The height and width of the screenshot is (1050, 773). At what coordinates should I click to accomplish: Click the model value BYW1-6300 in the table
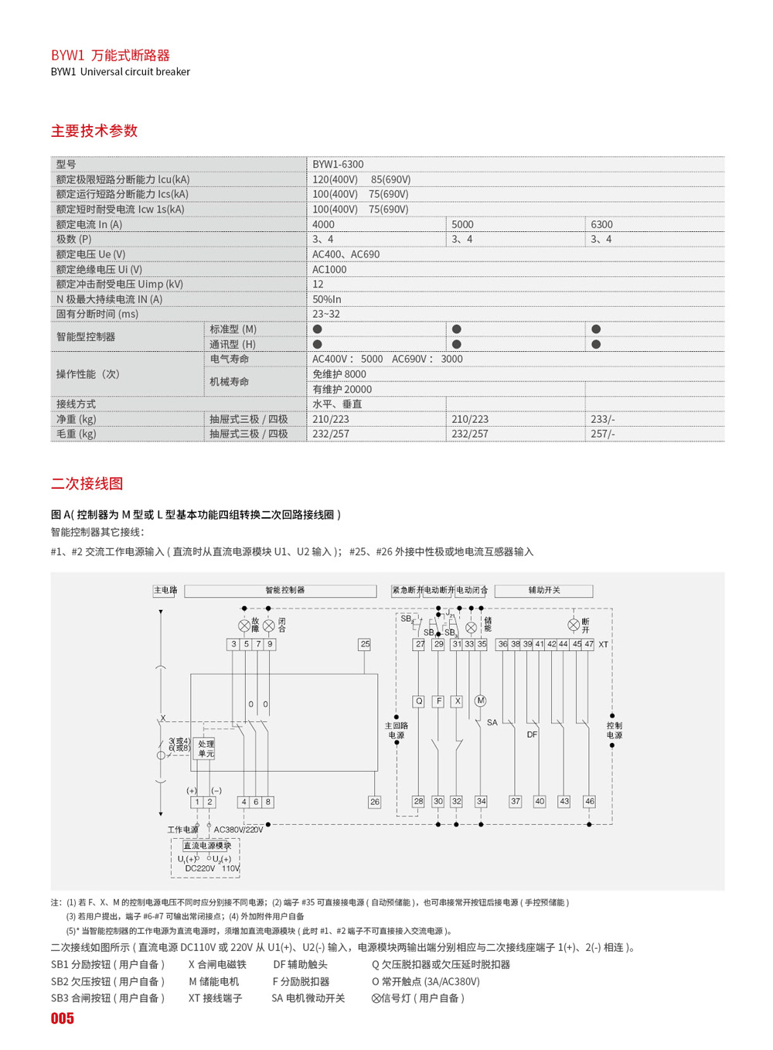tap(338, 165)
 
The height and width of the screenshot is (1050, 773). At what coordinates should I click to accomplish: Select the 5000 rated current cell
tap(463, 225)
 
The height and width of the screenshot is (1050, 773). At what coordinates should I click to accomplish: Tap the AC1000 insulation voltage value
tap(329, 270)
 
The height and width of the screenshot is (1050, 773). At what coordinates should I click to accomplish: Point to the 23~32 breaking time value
tap(326, 315)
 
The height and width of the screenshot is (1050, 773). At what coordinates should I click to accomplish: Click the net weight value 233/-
tap(603, 420)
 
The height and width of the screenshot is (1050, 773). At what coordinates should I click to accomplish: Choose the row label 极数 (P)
tap(74, 240)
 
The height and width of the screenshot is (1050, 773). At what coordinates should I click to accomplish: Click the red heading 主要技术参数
tap(94, 131)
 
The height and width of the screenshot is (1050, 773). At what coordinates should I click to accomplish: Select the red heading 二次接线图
tap(87, 484)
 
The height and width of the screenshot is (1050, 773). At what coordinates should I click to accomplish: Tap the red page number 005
tap(63, 1019)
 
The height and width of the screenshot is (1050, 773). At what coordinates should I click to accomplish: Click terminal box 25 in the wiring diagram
tap(365, 644)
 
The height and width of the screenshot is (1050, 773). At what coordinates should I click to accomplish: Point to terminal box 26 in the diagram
tap(375, 803)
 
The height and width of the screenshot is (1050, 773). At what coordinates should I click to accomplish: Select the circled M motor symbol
tap(480, 701)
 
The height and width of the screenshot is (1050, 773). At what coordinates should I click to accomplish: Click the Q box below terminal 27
tap(419, 701)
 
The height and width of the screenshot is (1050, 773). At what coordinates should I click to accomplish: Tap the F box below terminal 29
tap(438, 701)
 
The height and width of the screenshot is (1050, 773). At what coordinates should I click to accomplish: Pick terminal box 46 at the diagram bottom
tap(590, 802)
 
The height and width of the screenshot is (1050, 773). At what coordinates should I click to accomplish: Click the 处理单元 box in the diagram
tap(206, 748)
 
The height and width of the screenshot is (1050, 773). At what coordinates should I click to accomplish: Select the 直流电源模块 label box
tap(207, 846)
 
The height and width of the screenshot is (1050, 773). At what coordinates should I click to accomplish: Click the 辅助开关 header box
tap(544, 591)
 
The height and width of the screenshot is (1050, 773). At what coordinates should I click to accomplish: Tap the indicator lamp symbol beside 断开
tap(574, 625)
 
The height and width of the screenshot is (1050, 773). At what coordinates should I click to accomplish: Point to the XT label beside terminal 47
tap(604, 645)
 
